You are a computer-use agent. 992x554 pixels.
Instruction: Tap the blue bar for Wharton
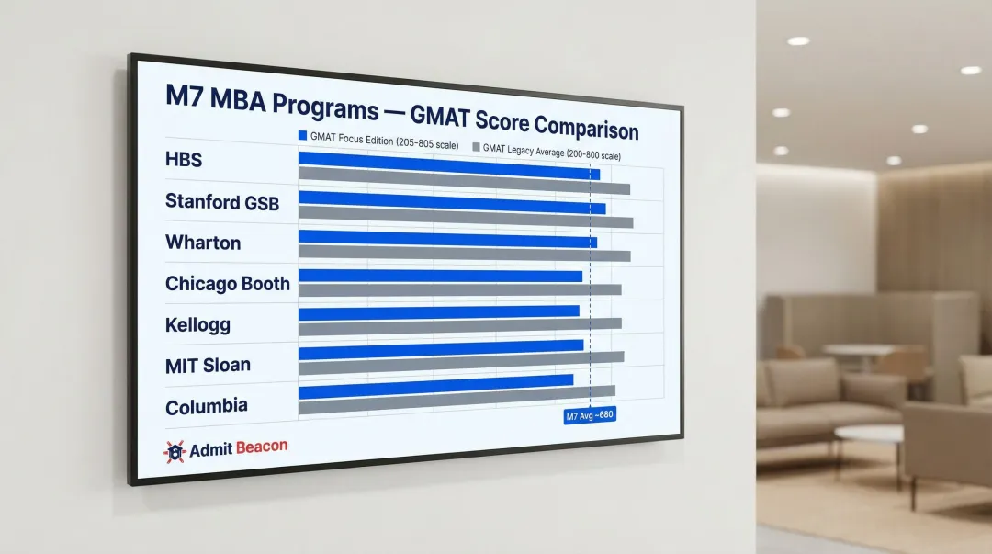pos(447,240)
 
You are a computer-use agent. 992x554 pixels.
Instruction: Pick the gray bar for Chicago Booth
pos(459,289)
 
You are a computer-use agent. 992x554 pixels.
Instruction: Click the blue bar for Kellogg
pos(439,311)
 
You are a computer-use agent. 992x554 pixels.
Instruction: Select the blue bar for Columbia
pos(435,385)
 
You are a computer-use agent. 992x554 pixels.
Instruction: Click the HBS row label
pos(184,160)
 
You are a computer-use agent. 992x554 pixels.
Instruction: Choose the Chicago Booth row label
pos(227,284)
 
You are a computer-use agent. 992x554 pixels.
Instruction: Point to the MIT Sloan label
pos(208,365)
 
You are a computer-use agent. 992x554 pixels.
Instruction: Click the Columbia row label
pos(207,407)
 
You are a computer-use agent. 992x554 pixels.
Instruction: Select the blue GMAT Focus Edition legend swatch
pos(302,135)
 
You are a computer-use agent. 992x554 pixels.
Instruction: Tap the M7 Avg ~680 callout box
pos(590,416)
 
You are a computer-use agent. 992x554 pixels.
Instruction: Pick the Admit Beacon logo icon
pos(175,451)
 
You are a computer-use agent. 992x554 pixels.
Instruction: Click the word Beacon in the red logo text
pos(261,447)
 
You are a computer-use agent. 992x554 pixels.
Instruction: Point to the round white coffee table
pos(868,434)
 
